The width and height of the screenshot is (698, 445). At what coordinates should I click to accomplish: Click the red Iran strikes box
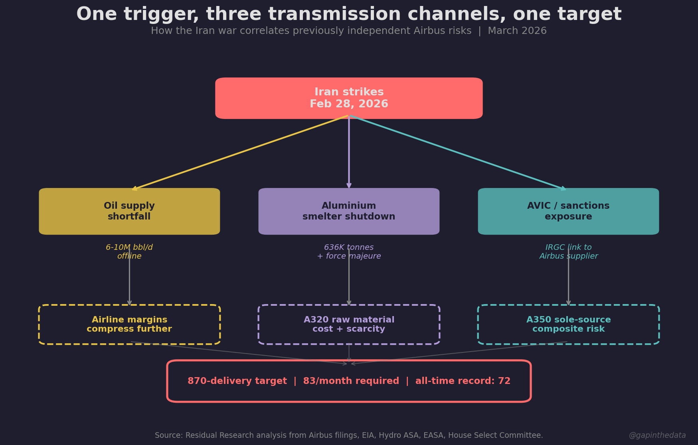tap(349, 98)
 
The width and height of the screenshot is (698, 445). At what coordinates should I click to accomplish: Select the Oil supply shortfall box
tap(129, 211)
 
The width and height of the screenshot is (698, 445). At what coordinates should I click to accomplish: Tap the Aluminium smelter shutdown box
tap(349, 211)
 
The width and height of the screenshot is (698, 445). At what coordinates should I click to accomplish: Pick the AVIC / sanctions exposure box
tap(568, 211)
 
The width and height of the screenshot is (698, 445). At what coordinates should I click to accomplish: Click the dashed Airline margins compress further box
tap(129, 324)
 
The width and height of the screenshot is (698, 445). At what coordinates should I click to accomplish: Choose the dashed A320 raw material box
tap(349, 324)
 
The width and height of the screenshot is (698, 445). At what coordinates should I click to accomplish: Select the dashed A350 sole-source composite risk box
tap(568, 324)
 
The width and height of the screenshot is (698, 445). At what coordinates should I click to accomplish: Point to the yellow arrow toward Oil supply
tap(239, 152)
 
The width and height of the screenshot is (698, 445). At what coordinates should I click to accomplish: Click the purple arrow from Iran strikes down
tap(349, 152)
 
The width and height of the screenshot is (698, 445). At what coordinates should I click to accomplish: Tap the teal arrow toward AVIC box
tap(458, 152)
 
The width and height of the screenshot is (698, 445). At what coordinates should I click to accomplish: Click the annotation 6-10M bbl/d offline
tap(129, 252)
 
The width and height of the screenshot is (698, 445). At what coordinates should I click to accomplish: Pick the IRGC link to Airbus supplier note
tap(568, 252)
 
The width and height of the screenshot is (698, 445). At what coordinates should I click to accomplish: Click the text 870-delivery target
tap(237, 381)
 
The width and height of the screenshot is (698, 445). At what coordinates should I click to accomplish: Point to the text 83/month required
tap(351, 381)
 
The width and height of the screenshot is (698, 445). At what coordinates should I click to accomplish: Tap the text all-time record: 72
tap(463, 381)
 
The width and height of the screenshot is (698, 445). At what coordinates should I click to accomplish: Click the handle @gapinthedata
tap(657, 435)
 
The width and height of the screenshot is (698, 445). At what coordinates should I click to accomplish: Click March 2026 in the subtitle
tap(517, 31)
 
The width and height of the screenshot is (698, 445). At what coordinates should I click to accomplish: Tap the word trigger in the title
tap(161, 15)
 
